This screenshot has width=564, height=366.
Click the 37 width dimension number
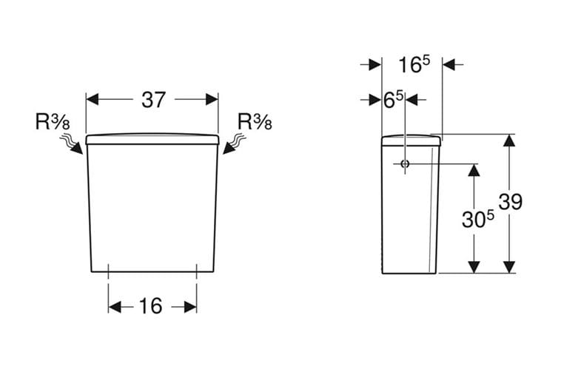point(154,100)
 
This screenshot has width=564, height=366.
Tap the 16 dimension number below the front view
point(150,306)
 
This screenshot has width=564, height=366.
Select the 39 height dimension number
point(511,202)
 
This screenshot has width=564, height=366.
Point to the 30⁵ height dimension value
point(478,219)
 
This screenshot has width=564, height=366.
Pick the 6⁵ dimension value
point(394,100)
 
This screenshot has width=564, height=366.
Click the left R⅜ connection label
point(53,121)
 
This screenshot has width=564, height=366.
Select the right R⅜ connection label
point(255,121)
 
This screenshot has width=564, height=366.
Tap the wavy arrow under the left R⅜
point(71,143)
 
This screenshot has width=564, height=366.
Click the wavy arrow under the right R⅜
point(235,143)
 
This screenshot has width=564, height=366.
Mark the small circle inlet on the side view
point(405,164)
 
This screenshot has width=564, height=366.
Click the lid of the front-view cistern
point(152,139)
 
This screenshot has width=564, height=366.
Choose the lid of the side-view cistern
point(411,140)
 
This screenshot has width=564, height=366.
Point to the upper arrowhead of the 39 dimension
point(508,140)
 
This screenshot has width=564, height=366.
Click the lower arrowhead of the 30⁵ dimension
point(474,267)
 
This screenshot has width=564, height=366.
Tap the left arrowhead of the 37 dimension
point(93,99)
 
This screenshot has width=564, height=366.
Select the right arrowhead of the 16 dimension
point(191,307)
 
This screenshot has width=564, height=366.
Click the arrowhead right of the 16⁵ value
point(449,64)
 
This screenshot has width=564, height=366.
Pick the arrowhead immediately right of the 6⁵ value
point(411,100)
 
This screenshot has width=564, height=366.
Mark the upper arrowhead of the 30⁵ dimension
point(474,170)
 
